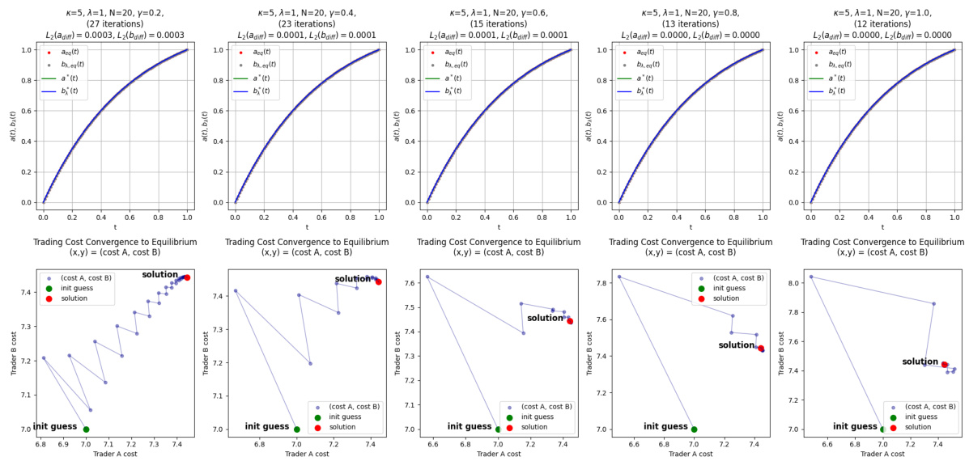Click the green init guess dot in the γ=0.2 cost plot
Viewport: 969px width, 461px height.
click(86, 429)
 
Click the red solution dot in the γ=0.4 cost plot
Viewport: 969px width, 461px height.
click(378, 281)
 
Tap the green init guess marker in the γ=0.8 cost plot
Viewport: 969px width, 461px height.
click(694, 429)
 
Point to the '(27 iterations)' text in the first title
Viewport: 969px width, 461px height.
click(114, 24)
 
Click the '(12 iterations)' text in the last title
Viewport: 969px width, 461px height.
click(882, 24)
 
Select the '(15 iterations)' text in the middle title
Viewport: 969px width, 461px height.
click(498, 24)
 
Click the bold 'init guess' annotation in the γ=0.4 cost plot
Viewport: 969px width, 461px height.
click(267, 426)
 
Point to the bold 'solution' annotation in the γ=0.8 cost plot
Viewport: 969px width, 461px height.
click(736, 345)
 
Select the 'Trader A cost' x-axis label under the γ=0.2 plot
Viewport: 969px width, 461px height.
click(114, 455)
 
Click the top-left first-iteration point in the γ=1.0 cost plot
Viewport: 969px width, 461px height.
click(811, 277)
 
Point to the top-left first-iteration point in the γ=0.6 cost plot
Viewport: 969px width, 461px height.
click(427, 277)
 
